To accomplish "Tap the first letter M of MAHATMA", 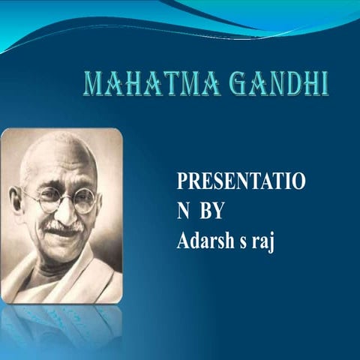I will [x=92, y=84].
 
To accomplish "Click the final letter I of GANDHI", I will [x=324, y=84].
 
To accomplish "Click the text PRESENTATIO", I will [x=240, y=182].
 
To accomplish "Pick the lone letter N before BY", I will [x=183, y=212].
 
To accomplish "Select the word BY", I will [x=211, y=212].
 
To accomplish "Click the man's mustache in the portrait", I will [x=63, y=226].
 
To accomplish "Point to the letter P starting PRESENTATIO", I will [x=181, y=182].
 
